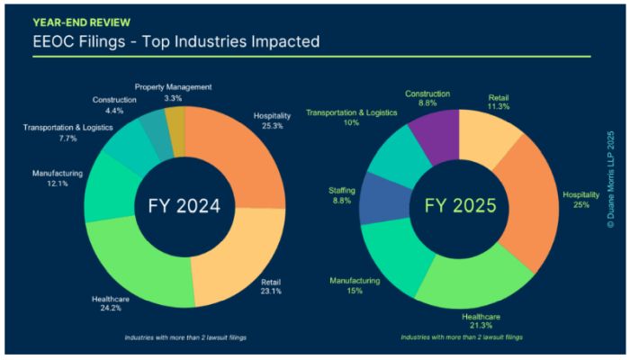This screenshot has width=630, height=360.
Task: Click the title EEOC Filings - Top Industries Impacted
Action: click(x=176, y=41)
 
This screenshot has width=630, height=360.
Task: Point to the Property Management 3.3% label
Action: click(x=173, y=92)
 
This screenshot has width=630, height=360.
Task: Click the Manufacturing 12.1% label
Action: click(x=58, y=177)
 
